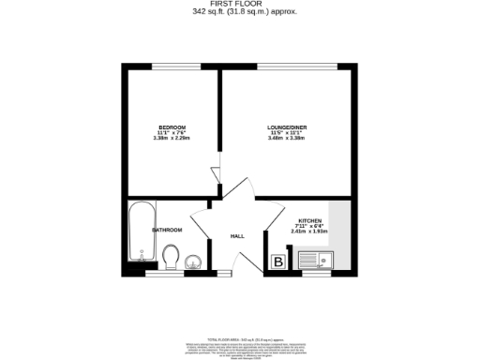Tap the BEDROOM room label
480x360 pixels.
pos(172,127)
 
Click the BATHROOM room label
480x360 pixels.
pos(141,229)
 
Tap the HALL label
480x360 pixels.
pos(237,235)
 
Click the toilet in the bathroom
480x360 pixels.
pos(171,255)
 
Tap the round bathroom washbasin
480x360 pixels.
pos(194,262)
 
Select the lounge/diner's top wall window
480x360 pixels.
pos(288,66)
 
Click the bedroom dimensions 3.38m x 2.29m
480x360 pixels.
pos(172,139)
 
